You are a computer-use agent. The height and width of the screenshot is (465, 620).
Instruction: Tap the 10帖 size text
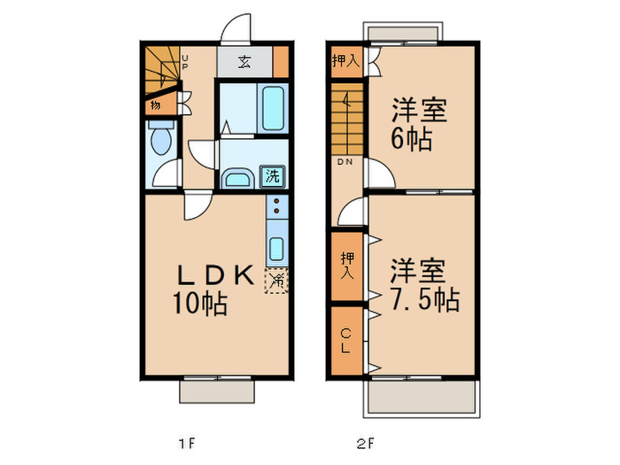pos(199,305)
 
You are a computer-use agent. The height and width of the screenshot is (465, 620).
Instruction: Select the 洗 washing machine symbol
pos(273,175)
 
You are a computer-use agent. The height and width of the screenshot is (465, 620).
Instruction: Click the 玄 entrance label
pos(243,63)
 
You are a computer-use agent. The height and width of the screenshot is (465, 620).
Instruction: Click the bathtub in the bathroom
pos(272,109)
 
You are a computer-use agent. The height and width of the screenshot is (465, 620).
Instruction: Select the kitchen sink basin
pos(276,247)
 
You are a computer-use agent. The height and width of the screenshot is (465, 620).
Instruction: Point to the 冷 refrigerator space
pos(276,281)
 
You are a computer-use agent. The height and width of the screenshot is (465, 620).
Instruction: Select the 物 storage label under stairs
pos(156,105)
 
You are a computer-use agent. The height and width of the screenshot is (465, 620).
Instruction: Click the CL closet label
pos(345,339)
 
